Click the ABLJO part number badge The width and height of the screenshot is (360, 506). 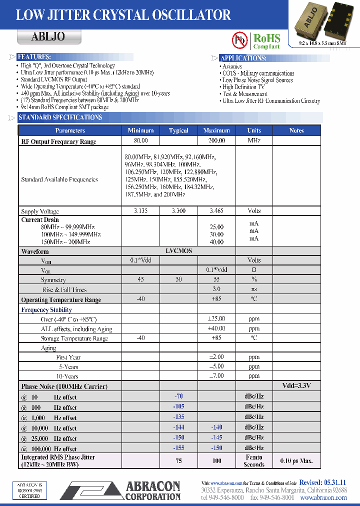coord(48,36)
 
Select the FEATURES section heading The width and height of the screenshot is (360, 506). coord(33,57)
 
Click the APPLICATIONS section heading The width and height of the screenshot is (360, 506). coord(243,58)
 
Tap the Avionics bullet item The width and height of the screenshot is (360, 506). coord(232,66)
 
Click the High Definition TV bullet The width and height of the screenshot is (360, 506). coord(243,87)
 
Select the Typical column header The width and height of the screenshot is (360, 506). coord(178,130)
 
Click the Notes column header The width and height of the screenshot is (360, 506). coord(296,130)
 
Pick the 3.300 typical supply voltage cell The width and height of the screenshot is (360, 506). coord(178,211)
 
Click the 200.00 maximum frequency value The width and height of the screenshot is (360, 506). coord(217,141)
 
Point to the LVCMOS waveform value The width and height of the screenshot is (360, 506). coord(178,251)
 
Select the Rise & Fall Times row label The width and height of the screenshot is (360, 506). coord(64,289)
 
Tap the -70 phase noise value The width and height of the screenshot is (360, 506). coord(178,396)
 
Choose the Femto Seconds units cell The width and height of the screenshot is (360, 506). coord(254,460)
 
